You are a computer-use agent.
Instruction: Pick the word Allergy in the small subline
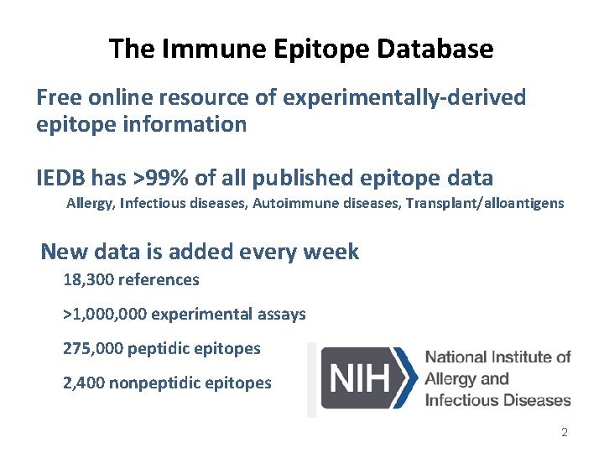click(90, 203)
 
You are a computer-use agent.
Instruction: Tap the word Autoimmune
click(292, 203)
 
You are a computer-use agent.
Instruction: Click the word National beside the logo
click(460, 357)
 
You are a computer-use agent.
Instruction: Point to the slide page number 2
click(564, 432)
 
